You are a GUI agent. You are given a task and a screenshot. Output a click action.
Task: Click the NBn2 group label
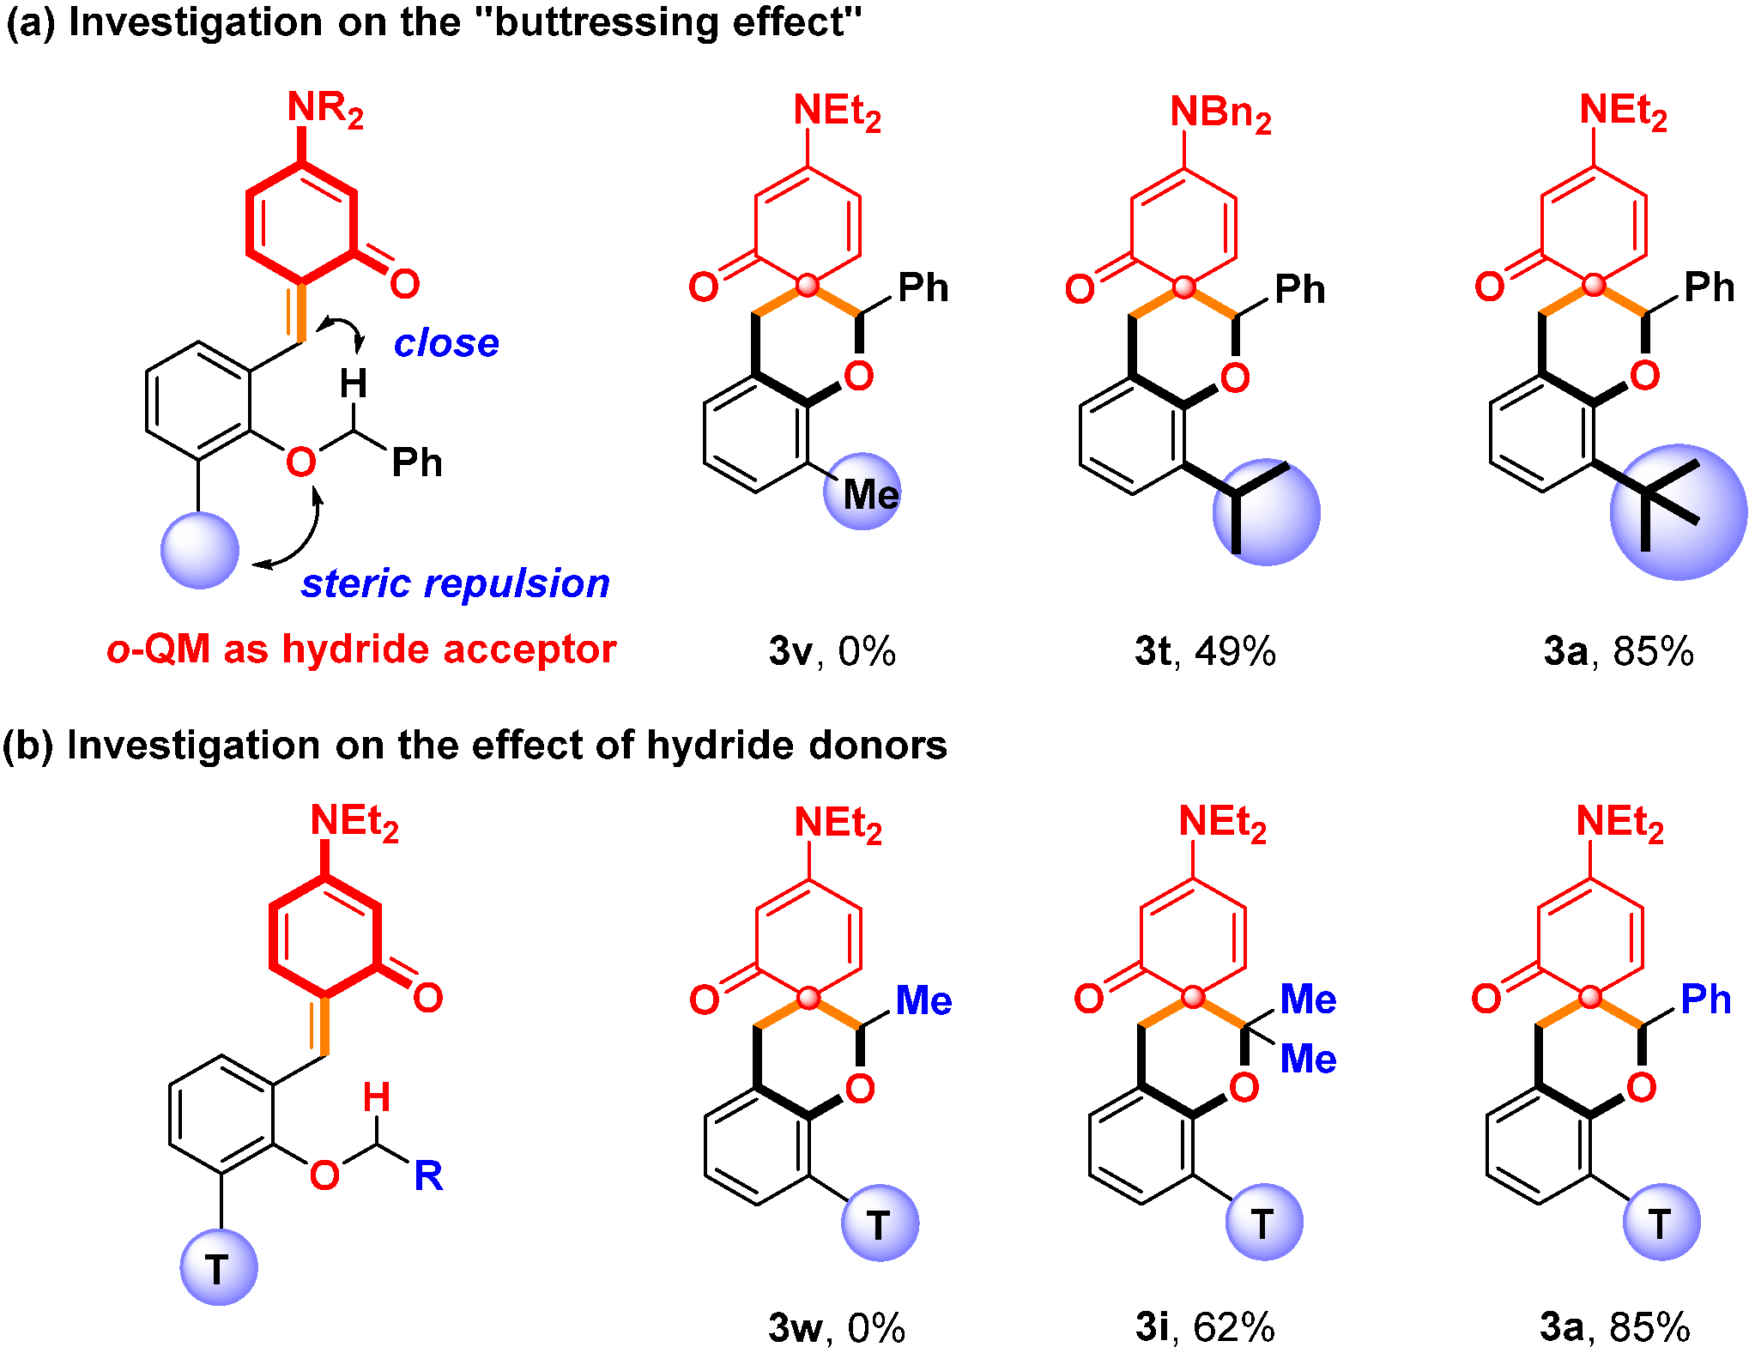tap(1219, 113)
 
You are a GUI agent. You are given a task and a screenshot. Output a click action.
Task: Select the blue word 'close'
tap(446, 343)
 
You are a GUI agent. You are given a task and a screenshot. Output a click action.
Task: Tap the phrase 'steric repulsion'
tap(455, 583)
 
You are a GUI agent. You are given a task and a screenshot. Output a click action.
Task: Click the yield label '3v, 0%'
tap(832, 652)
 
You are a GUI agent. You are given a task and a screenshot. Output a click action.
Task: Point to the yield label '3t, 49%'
tap(1205, 652)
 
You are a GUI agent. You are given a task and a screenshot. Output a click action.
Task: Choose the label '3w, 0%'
tap(836, 1327)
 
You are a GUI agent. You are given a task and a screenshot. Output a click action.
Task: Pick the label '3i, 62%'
tap(1205, 1327)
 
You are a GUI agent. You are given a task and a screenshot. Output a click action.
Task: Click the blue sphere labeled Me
tap(862, 492)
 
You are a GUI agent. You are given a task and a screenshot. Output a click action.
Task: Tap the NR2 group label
tap(325, 109)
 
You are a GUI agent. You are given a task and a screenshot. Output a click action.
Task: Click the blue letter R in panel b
tap(428, 1175)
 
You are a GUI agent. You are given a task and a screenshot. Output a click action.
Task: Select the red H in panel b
tap(376, 1097)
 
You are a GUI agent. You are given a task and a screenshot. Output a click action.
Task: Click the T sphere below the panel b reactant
tap(218, 1267)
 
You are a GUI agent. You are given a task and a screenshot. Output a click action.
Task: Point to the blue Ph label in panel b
tap(1705, 1000)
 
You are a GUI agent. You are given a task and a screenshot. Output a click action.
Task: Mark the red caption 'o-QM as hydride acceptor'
tap(361, 649)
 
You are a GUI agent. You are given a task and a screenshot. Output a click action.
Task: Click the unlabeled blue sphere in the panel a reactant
tap(199, 550)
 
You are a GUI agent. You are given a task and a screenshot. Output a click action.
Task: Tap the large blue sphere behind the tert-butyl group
tap(1678, 512)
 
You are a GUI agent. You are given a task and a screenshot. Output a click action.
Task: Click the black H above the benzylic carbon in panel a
tap(353, 384)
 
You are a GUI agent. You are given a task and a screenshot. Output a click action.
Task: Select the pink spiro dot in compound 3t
tap(1183, 287)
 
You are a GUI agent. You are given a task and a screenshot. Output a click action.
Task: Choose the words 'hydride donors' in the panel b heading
tap(796, 745)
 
